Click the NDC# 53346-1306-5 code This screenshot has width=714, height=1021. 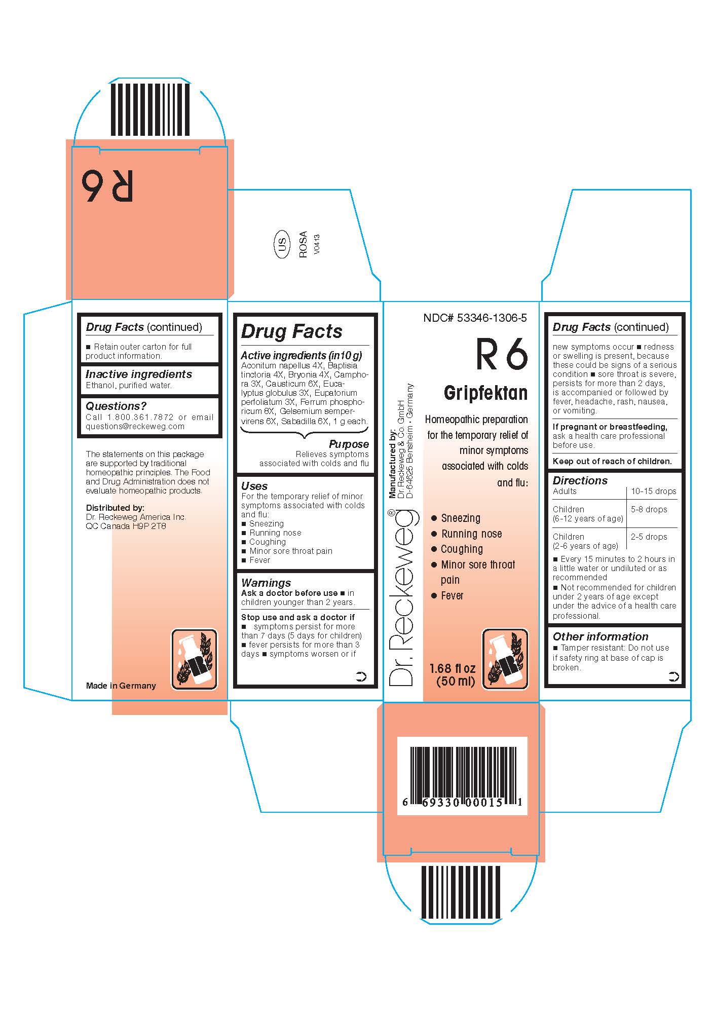pyautogui.click(x=475, y=318)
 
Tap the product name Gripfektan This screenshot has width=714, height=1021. pyautogui.click(x=485, y=393)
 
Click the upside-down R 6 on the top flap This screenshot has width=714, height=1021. pyautogui.click(x=107, y=186)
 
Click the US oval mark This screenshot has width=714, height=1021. pyautogui.click(x=282, y=245)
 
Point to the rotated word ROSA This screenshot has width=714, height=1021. pyautogui.click(x=303, y=244)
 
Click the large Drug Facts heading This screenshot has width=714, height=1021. pyautogui.click(x=291, y=331)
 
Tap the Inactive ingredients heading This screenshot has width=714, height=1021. pyautogui.click(x=138, y=374)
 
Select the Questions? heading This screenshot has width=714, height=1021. pyautogui.click(x=116, y=406)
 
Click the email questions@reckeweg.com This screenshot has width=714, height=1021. pyautogui.click(x=135, y=426)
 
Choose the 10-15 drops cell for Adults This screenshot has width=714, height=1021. pyautogui.click(x=653, y=491)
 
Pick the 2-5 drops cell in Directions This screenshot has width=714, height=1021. pyautogui.click(x=649, y=537)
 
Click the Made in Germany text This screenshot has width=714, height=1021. pyautogui.click(x=121, y=686)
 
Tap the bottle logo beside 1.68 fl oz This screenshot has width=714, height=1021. pyautogui.click(x=504, y=659)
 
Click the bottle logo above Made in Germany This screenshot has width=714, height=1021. pyautogui.click(x=194, y=659)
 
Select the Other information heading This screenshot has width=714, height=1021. pyautogui.click(x=600, y=636)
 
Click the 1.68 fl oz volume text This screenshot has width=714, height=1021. pyautogui.click(x=452, y=668)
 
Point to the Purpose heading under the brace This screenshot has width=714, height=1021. pyautogui.click(x=349, y=444)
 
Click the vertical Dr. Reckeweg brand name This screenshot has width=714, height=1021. pyautogui.click(x=403, y=598)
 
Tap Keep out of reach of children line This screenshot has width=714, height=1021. pyautogui.click(x=612, y=461)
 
